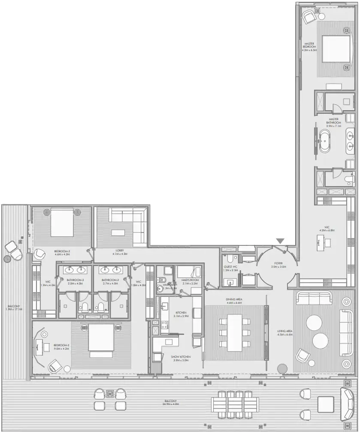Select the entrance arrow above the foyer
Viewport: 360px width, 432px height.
pyautogui.click(x=280, y=242)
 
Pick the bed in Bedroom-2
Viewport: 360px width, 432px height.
pyautogui.click(x=101, y=339)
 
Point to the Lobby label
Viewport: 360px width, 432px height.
pyautogui.click(x=122, y=252)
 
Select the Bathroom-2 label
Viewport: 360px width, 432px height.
pyautogui.click(x=110, y=281)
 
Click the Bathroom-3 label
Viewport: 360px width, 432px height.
pyautogui.click(x=75, y=281)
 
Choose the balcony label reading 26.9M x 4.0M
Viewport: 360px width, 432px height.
pyautogui.click(x=170, y=402)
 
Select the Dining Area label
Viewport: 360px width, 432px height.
pyautogui.click(x=234, y=301)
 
